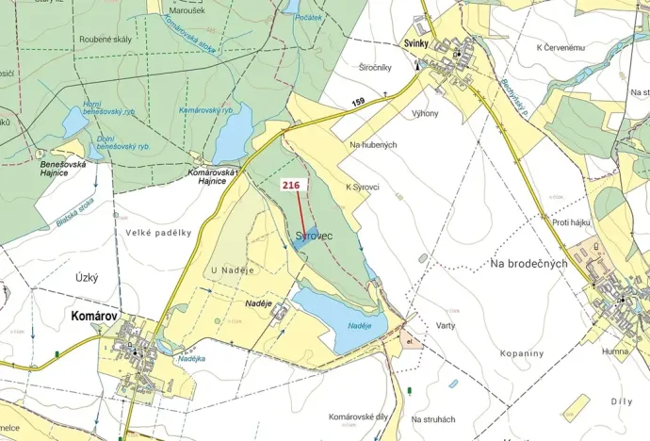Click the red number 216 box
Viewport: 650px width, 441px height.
tap(290, 187)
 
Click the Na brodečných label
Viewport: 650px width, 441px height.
tap(528, 264)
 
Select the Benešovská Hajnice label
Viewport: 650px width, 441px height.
tap(63, 170)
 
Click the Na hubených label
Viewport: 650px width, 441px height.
tap(373, 144)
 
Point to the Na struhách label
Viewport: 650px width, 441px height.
tap(433, 418)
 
